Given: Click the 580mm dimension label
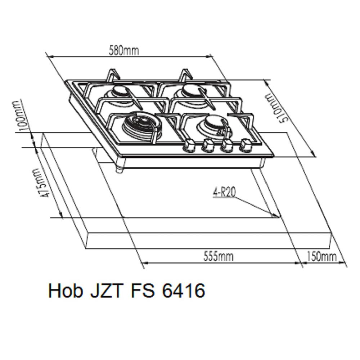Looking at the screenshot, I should [124, 50].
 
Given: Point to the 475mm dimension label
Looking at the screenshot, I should [40, 183].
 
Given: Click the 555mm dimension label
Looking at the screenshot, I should [218, 256].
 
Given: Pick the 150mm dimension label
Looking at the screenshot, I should [321, 256].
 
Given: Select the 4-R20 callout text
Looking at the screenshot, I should [224, 193].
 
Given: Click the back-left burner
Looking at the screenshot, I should [120, 91].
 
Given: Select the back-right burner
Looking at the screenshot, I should [189, 91].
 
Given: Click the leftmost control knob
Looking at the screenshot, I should [189, 145].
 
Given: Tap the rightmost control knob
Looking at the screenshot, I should [246, 145].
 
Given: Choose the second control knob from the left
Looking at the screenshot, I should [207, 145].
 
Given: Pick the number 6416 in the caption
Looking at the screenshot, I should [184, 291].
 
